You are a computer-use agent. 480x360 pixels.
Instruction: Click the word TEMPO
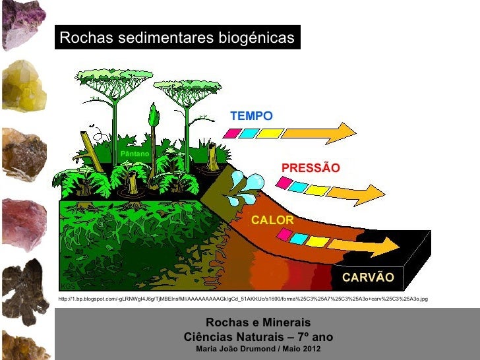point(251,116)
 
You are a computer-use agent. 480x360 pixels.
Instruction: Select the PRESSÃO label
point(311,168)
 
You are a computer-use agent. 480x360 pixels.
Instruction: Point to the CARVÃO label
point(368,278)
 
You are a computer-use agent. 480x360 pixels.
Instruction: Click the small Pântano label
point(135,154)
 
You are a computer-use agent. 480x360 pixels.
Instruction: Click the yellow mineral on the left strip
point(24,86)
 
